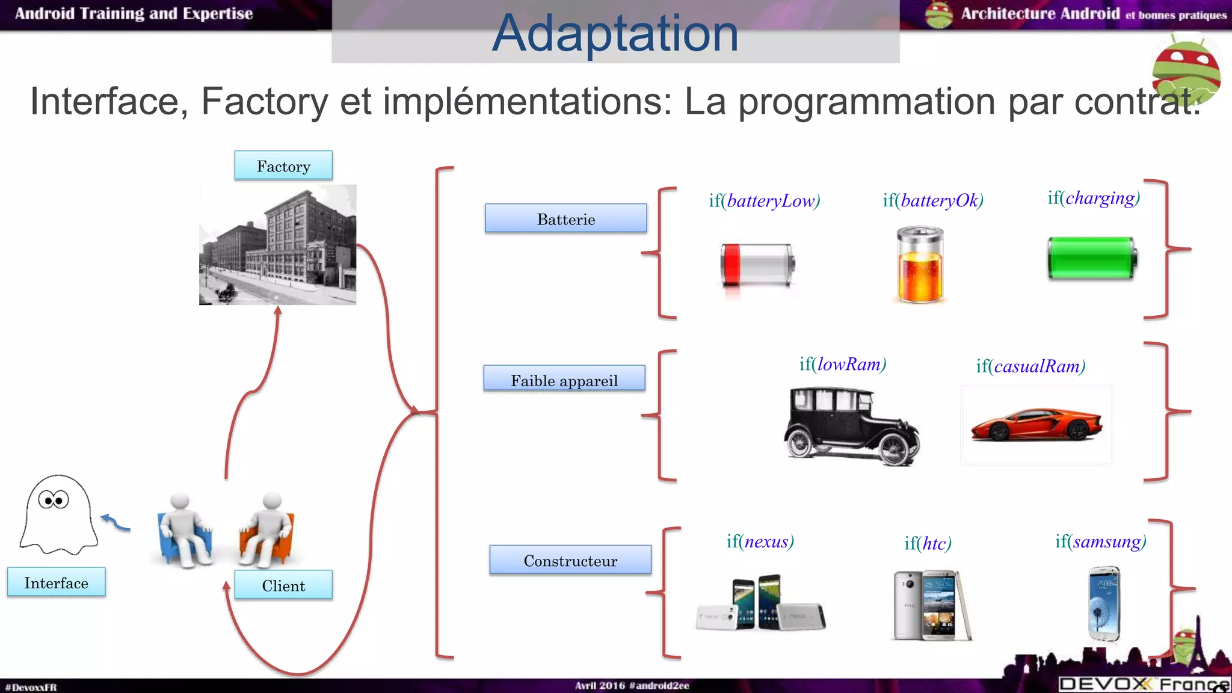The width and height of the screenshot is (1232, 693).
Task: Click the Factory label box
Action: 283,165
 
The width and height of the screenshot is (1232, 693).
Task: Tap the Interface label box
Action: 57,582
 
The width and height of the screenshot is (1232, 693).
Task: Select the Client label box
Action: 283,585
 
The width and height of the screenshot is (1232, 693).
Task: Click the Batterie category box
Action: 566,218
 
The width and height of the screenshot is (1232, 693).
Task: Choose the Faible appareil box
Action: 564,379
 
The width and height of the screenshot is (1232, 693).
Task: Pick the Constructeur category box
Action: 570,560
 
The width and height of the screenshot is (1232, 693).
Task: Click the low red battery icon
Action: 757,265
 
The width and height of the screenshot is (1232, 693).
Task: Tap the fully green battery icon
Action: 1092,258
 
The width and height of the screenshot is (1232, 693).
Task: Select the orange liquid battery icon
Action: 920,265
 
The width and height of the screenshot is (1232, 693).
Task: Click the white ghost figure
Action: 58,515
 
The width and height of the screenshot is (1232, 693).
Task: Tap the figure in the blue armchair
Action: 184,529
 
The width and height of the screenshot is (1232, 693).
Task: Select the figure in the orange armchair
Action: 267,529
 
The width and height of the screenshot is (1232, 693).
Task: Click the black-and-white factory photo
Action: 278,245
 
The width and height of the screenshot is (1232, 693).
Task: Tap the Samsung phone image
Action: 1104,603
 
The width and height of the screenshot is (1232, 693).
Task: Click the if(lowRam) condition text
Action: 843,364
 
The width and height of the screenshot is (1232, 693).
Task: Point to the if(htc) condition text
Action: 928,543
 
